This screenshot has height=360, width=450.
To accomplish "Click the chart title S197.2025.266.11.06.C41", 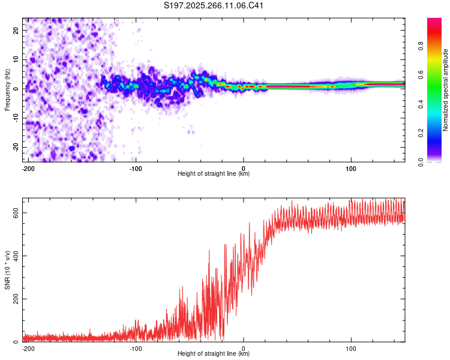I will (x=214, y=5).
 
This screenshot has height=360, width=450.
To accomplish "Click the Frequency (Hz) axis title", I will (x=7, y=89).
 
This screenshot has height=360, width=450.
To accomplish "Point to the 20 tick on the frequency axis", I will (x=16, y=30).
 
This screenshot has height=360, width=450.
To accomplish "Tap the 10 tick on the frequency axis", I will (x=16, y=59).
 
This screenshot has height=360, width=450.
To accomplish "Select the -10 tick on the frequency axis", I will (x=16, y=118).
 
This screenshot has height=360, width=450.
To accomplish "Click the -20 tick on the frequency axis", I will (x=16, y=148).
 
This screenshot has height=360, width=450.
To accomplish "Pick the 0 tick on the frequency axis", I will (x=18, y=89).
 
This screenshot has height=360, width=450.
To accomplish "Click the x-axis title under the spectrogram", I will (x=214, y=174).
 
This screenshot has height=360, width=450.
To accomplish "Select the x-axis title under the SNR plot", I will (x=214, y=354).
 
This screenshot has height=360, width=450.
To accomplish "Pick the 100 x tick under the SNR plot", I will (x=351, y=348).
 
